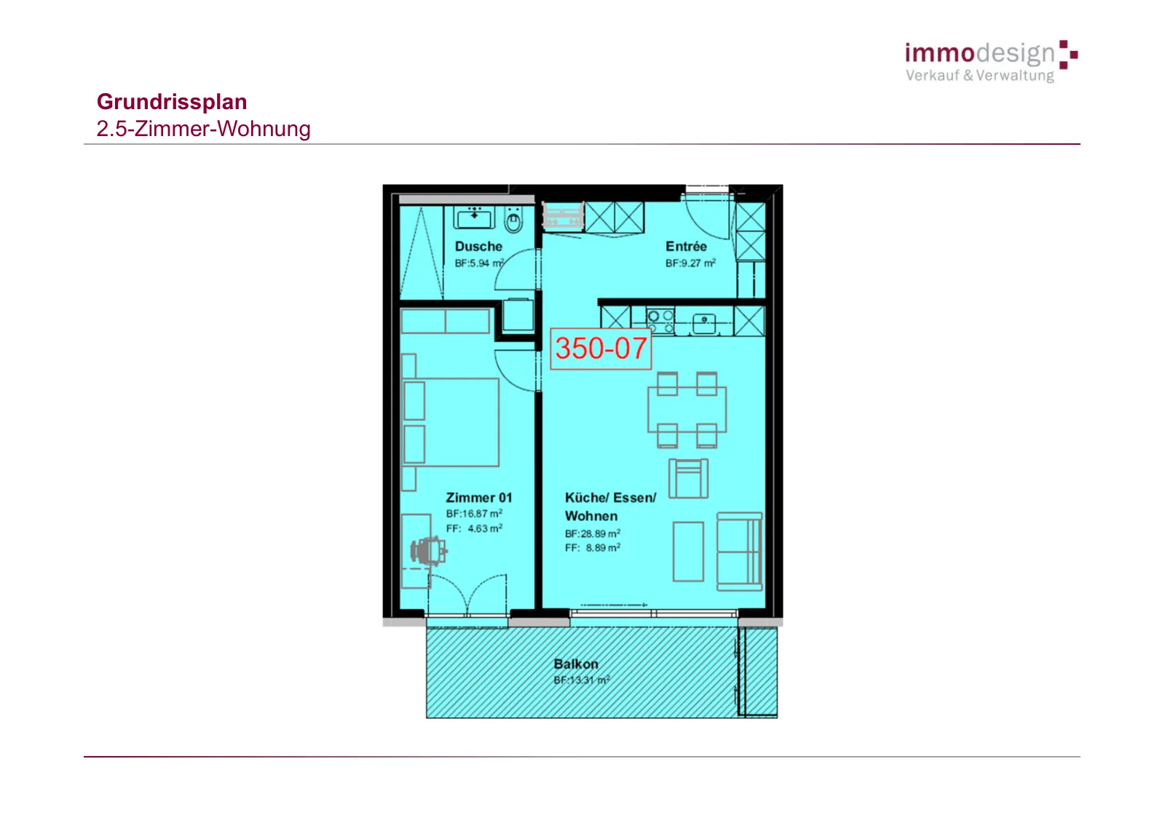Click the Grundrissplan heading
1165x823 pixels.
(172, 102)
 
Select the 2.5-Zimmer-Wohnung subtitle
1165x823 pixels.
(203, 129)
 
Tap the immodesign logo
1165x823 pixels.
(991, 61)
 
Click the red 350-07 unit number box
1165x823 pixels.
(601, 349)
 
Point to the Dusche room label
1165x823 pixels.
(478, 247)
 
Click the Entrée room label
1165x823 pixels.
(686, 247)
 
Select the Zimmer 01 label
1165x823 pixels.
(479, 498)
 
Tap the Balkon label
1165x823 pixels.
(576, 664)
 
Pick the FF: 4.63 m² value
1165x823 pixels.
(474, 529)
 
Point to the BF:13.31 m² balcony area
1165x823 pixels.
(582, 680)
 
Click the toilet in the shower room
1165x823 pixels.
(513, 220)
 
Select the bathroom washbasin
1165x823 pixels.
(474, 218)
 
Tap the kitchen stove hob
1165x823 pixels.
(660, 322)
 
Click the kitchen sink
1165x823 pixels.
(703, 323)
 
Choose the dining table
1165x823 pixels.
(687, 410)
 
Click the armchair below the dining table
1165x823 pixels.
(688, 478)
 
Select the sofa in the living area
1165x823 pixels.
(739, 552)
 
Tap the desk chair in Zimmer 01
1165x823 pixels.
(429, 551)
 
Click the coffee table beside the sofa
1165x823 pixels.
(688, 552)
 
